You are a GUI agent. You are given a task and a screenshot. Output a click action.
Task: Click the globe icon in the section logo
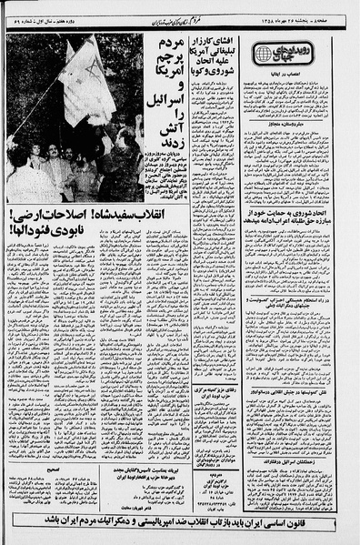[265, 55]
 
